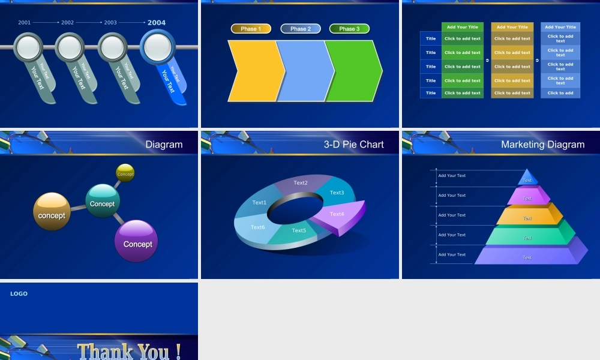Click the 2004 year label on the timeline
tap(157, 23)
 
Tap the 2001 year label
tap(25, 23)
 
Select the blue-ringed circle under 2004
tap(157, 46)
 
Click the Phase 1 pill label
tap(251, 29)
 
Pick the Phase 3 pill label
tap(349, 29)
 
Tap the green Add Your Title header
tap(462, 27)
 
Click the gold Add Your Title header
tap(512, 27)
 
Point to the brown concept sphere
tap(52, 212)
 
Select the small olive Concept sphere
tap(125, 173)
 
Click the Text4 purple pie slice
tap(338, 215)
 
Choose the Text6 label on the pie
tap(257, 227)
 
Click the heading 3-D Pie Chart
tap(353, 145)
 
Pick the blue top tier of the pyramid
tap(527, 178)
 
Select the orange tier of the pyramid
tap(529, 217)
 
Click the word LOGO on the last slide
tap(19, 294)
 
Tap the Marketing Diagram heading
tap(542, 145)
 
